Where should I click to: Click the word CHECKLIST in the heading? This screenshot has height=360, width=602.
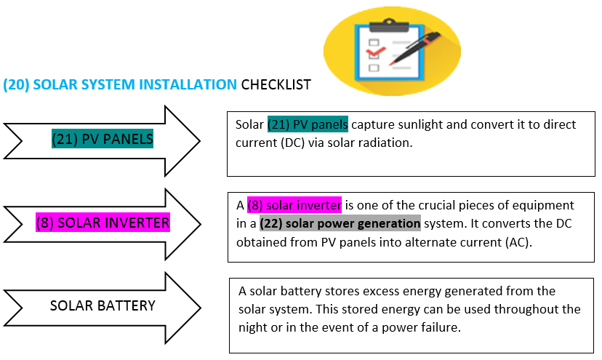pyautogui.click(x=276, y=85)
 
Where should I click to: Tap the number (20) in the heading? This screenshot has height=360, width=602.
pyautogui.click(x=16, y=85)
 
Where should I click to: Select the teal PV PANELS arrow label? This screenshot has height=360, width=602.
pyautogui.click(x=103, y=137)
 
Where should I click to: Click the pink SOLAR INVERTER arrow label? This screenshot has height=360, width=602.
pyautogui.click(x=103, y=223)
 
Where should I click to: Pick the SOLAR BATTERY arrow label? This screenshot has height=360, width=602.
pyautogui.click(x=103, y=305)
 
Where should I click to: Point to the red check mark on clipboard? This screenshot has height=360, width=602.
pyautogui.click(x=376, y=52)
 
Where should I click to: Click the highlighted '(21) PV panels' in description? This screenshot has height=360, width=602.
pyautogui.click(x=308, y=124)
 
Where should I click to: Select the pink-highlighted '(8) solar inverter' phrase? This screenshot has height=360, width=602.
pyautogui.click(x=294, y=205)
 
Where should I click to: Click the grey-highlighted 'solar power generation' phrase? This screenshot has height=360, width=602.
pyautogui.click(x=340, y=223)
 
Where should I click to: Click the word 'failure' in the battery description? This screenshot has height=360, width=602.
pyautogui.click(x=444, y=327)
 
